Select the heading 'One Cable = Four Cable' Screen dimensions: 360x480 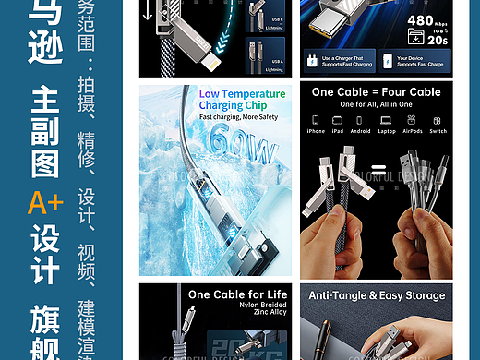(x=376, y=92)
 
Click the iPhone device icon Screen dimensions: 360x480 (x=316, y=119)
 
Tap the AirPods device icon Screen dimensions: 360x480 (x=412, y=119)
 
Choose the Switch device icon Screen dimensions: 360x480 (x=438, y=119)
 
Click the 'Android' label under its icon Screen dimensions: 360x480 (x=362, y=131)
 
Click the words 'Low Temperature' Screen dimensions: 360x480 (x=242, y=94)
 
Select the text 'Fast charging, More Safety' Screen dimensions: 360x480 (x=239, y=117)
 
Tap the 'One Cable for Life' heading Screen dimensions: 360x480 (x=237, y=294)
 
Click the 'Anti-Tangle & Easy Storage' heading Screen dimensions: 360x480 (x=376, y=295)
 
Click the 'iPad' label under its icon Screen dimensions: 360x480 (x=338, y=131)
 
